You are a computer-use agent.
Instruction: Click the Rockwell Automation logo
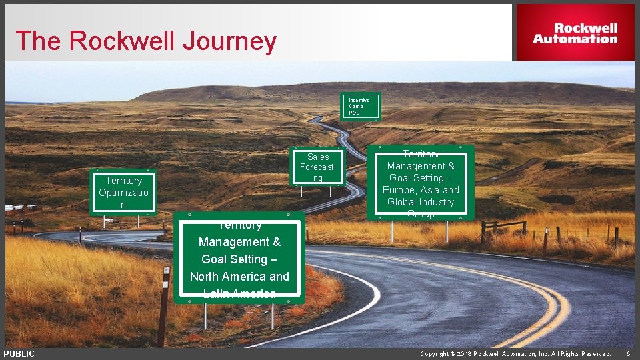point(575,33)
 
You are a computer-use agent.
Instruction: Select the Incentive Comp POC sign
point(361,106)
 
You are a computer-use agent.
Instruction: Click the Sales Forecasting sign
point(318,167)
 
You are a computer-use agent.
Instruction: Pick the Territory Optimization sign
point(123,193)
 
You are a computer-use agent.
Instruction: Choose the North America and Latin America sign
point(239,259)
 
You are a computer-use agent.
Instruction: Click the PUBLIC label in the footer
point(19,354)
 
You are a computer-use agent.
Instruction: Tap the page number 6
point(627,354)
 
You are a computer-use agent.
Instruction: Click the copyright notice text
point(515,354)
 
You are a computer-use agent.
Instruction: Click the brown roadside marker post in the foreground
point(163,307)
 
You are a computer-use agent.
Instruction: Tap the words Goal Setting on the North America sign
point(239,259)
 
